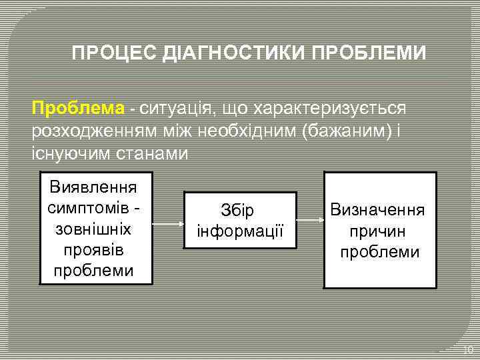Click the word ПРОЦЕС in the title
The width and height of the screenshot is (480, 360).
[115, 53]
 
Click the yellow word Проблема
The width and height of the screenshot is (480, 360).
[78, 108]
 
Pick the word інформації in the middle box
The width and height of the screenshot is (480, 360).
[240, 232]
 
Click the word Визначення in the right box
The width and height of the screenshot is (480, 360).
[379, 211]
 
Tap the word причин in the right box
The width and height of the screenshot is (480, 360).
[379, 231]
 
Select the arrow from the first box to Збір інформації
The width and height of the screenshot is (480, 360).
[168, 225]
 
